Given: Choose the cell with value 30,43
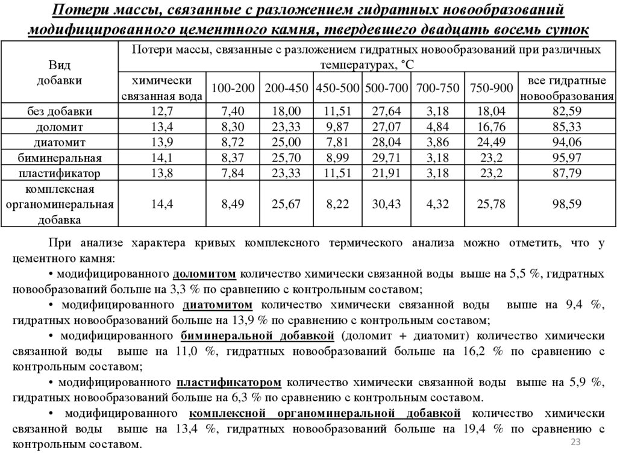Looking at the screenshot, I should point(386,204).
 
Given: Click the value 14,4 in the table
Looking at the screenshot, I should point(162,204).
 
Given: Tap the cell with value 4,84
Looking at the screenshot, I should point(439,127).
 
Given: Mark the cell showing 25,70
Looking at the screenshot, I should point(286,158).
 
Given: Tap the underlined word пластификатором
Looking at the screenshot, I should point(229,382).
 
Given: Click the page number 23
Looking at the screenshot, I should point(574,443).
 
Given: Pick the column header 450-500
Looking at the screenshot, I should point(337,89).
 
